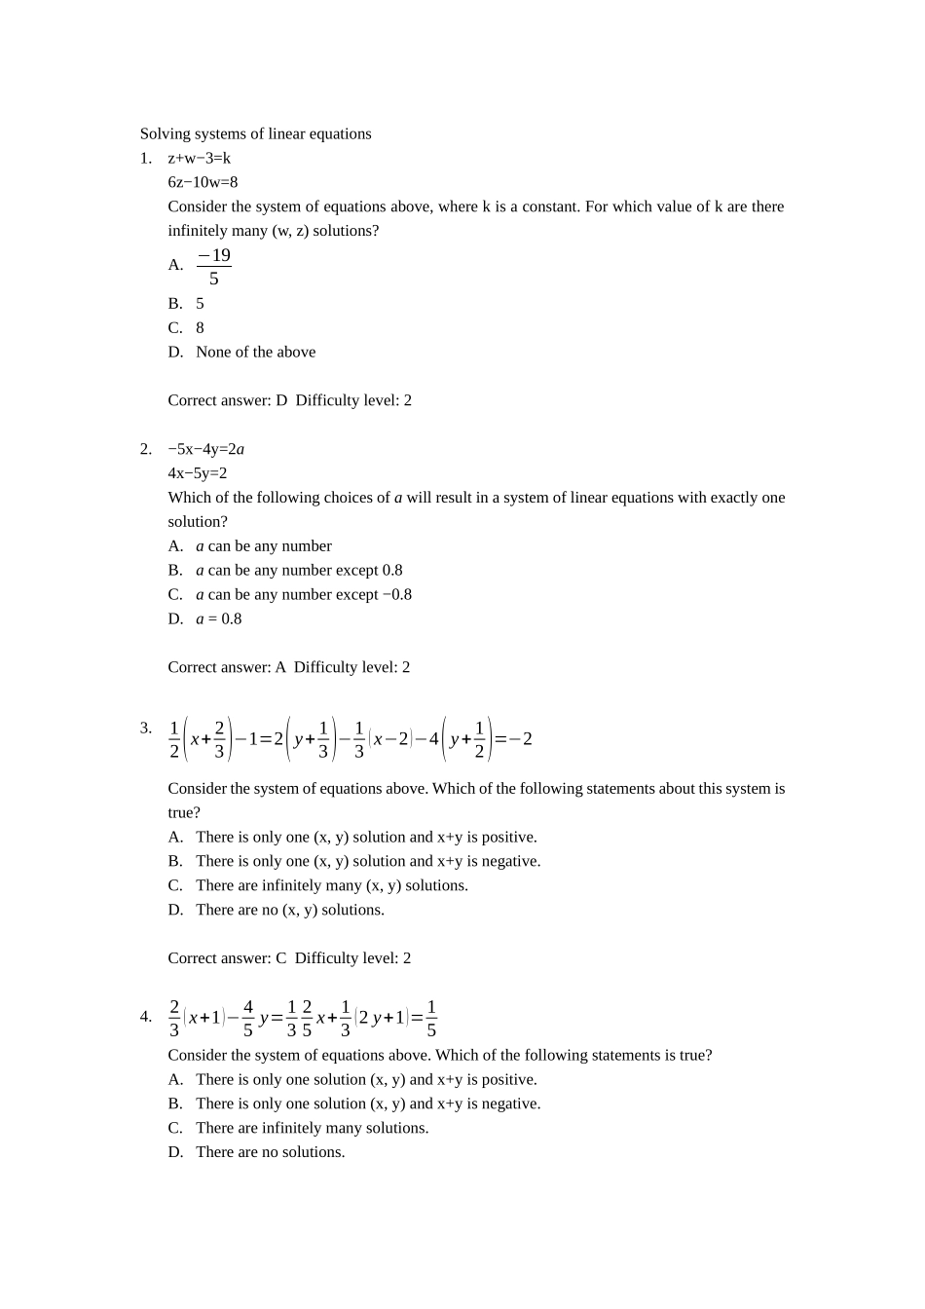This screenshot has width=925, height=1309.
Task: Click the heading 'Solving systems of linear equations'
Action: point(255,133)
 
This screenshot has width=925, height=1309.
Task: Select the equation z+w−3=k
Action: point(199,158)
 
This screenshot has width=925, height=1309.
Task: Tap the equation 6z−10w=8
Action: point(203,182)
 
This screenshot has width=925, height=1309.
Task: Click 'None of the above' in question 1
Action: point(255,352)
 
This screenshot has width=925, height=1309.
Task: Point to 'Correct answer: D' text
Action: point(227,400)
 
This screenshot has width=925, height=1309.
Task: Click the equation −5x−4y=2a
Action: point(205,449)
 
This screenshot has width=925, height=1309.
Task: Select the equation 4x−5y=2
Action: point(197,473)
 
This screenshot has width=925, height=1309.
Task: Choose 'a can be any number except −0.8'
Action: point(303,594)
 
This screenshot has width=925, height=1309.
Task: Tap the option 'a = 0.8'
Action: point(218,618)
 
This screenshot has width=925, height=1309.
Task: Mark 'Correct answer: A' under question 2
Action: point(227,667)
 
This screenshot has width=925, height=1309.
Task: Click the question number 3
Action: point(145,728)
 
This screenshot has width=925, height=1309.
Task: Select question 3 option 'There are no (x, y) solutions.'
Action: point(289,910)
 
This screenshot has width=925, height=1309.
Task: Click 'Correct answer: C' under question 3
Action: point(227,958)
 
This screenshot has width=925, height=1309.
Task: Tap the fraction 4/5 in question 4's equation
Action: point(247,1018)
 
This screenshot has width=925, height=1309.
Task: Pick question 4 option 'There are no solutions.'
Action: point(270,1152)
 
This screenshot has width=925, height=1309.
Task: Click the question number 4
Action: point(145,1017)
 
